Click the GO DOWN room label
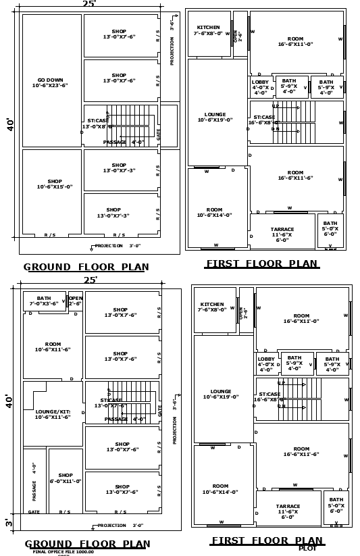51,82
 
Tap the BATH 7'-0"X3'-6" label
44,301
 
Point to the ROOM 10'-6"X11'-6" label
53,347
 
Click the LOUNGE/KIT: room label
53,413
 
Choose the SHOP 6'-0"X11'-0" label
66,478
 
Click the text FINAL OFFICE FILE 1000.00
63,551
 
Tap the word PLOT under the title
307,548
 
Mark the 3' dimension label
9,522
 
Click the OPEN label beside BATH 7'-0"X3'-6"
76,301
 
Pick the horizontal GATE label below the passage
34,512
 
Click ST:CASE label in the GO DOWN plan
97,123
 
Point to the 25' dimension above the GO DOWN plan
89,4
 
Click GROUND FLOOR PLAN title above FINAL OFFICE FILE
87,544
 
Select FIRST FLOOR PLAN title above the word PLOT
267,540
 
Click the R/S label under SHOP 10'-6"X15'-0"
50,235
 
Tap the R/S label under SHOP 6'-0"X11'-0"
65,512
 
